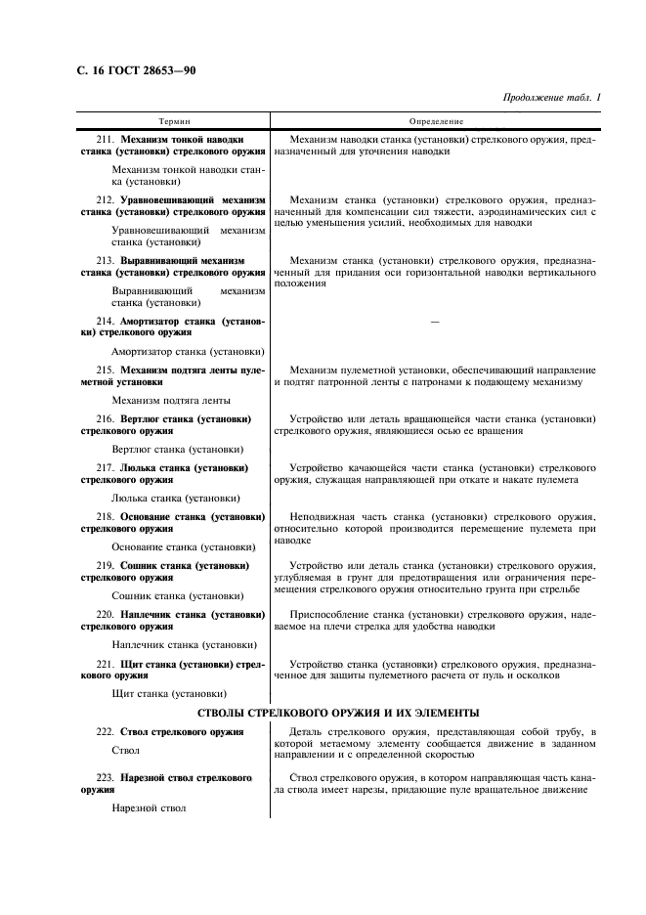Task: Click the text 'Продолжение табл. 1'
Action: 553,98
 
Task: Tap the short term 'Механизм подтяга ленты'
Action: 171,400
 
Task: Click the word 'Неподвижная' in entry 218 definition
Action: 320,516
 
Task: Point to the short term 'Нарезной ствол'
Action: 149,809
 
